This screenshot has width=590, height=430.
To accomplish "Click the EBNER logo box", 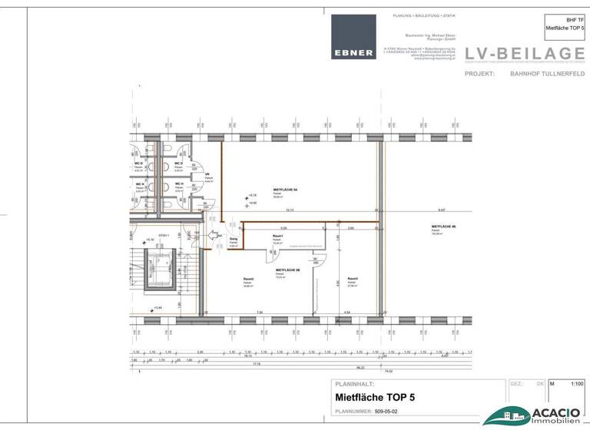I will [x=353, y=37].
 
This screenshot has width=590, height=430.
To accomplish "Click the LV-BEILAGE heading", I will [x=525, y=53].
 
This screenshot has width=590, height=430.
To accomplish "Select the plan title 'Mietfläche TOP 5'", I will [x=375, y=398].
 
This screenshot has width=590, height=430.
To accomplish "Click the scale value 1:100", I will [x=577, y=382].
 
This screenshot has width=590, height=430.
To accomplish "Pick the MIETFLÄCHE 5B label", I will [x=287, y=270].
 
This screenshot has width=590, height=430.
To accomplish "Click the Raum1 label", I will [x=278, y=237].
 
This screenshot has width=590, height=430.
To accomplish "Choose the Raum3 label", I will [x=353, y=278].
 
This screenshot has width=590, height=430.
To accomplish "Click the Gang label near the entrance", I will [x=233, y=240].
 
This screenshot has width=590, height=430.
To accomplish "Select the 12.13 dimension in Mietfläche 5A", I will [x=290, y=210].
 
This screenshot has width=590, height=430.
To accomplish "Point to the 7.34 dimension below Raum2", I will [x=260, y=313].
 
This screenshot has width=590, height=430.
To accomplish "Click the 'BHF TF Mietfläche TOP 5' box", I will [x=565, y=23].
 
